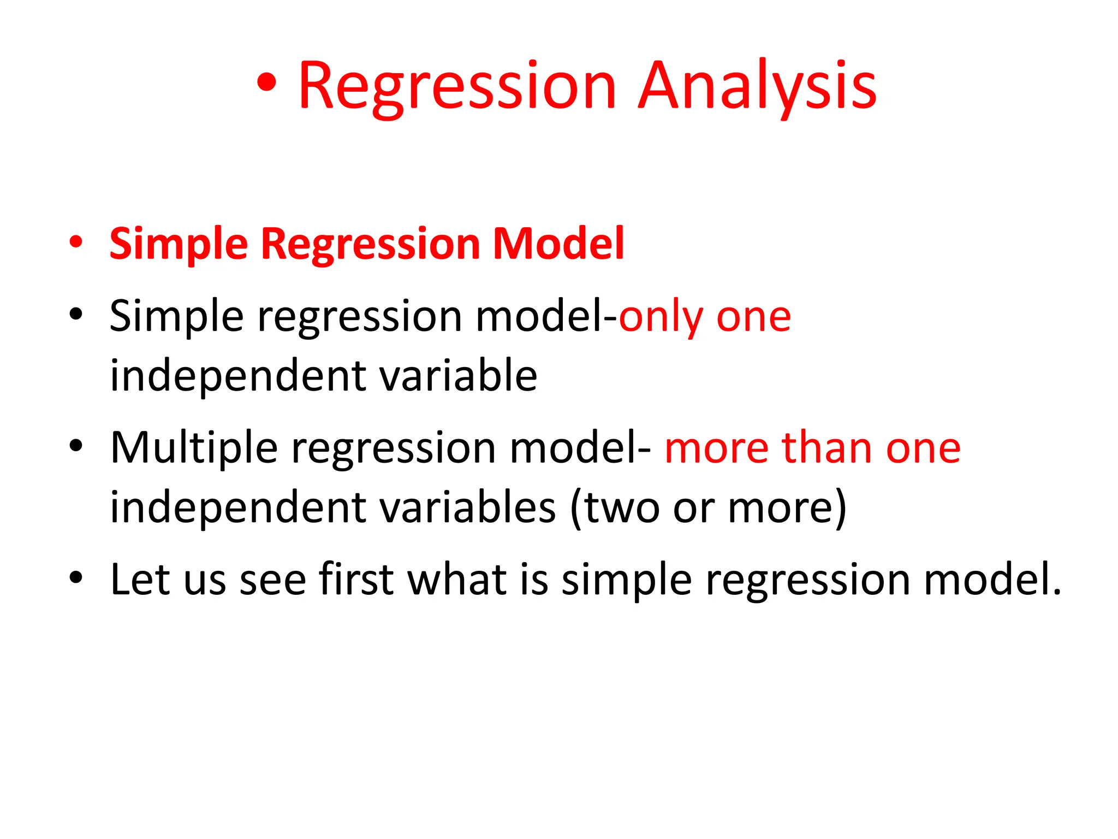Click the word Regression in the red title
[x=457, y=87]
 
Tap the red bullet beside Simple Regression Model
[x=76, y=241]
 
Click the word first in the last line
[x=356, y=579]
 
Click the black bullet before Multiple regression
[x=76, y=445]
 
